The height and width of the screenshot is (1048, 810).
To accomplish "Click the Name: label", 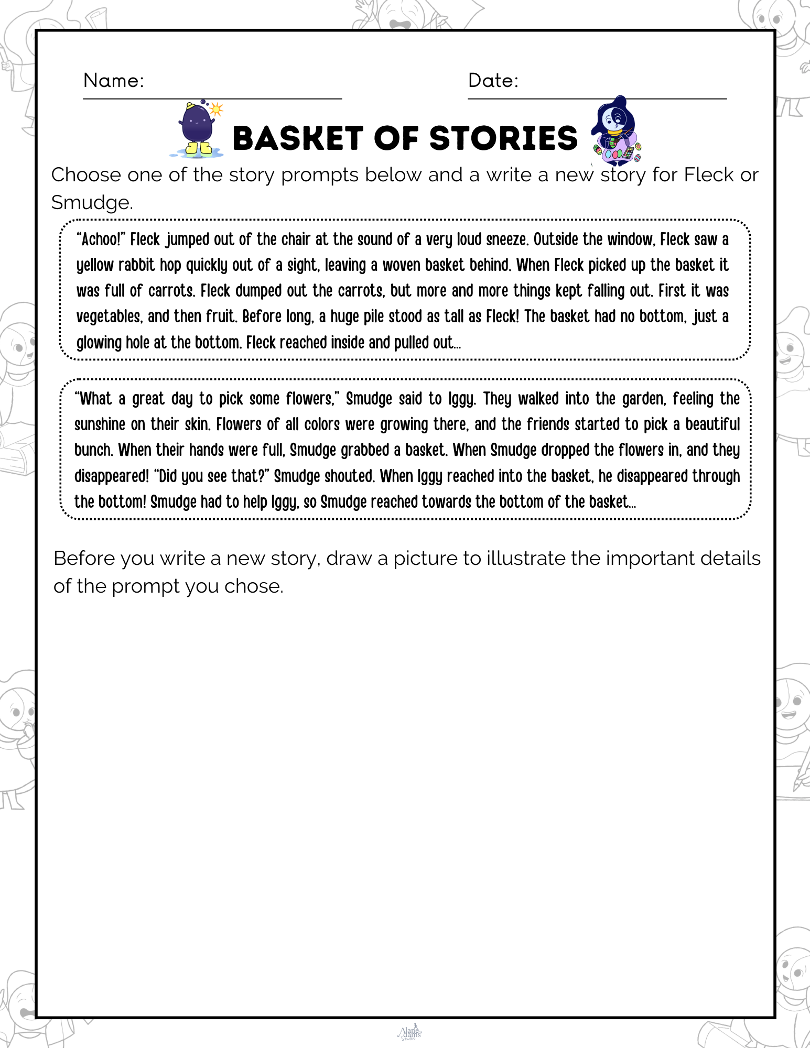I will pos(113,81).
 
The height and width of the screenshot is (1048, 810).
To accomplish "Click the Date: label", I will pos(493,81).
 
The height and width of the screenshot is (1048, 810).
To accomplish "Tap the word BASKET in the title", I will pos(298,138).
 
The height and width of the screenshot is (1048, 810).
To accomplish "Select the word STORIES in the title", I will pos(503,138).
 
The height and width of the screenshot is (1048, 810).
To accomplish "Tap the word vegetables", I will pos(108,316).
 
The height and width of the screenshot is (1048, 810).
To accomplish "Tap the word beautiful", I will pos(712,424).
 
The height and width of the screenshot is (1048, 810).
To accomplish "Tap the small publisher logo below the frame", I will pos(410,1032).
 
